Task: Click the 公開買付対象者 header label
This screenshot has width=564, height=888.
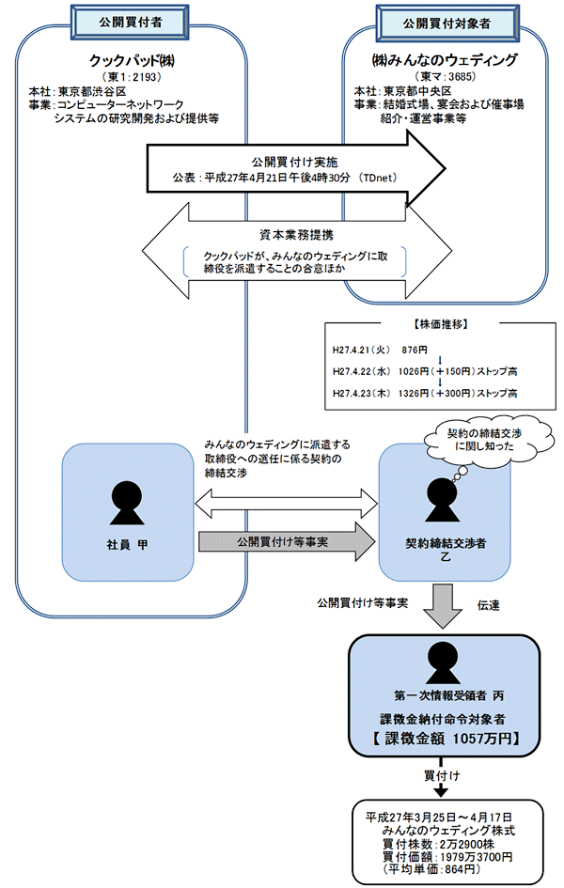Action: click(x=445, y=20)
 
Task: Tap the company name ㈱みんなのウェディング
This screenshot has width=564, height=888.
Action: click(x=446, y=59)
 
